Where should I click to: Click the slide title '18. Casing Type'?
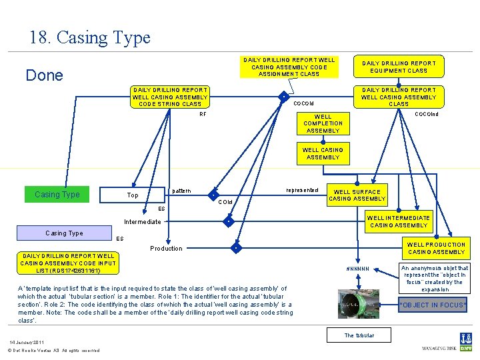pos(90,38)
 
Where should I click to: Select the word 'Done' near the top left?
pos(44,75)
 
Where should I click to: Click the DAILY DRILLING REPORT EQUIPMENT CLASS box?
pos(399,67)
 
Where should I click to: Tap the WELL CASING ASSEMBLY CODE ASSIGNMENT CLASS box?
pos(289,67)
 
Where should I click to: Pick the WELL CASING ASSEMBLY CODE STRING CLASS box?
pos(170,97)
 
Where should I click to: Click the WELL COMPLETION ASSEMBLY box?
pos(323,123)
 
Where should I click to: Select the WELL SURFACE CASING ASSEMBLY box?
pos(357,195)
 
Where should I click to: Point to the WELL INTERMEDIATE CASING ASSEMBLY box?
pos(399,221)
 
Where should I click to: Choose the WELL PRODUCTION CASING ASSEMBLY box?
pos(436,248)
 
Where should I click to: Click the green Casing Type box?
pos(57,195)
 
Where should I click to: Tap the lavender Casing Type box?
pos(64,233)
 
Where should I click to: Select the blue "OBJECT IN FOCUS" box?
pos(433,305)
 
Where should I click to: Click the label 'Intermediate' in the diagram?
pos(143,222)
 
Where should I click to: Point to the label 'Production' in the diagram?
pos(166,249)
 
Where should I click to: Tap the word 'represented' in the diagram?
pos(302,190)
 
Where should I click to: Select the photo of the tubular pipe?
pos(359,304)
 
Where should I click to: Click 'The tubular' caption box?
pos(359,335)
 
